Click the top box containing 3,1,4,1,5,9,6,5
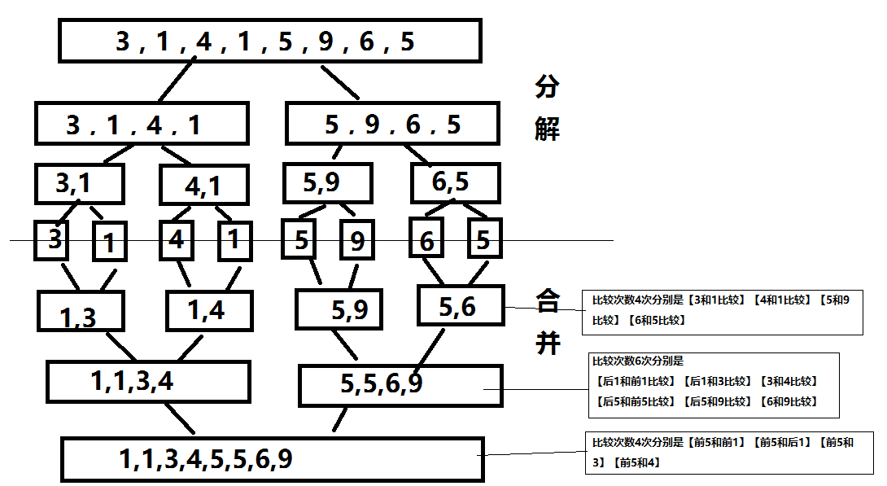click(x=270, y=41)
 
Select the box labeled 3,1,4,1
click(x=142, y=124)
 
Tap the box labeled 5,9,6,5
click(x=391, y=124)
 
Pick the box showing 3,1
click(x=80, y=185)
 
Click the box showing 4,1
click(x=203, y=186)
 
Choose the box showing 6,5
click(x=454, y=183)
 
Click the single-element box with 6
click(x=426, y=240)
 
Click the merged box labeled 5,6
click(x=460, y=305)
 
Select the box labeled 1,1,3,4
click(x=147, y=382)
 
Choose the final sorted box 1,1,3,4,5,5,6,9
click(x=273, y=458)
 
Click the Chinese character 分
click(x=548, y=87)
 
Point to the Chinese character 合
click(x=548, y=302)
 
